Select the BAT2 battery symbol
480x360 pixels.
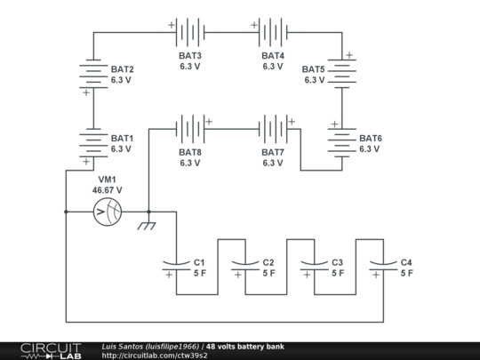tap(92, 75)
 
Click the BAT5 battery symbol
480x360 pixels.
tap(341, 75)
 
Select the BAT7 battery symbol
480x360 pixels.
tap(273, 130)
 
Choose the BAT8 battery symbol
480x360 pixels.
tap(190, 130)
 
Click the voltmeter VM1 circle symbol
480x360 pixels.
tap(107, 212)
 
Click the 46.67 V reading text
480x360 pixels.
tap(108, 190)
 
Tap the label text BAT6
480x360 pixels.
tap(371, 139)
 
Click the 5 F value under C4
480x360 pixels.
tap(406, 274)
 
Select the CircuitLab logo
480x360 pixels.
tap(50, 350)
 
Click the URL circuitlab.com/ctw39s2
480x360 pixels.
tap(155, 356)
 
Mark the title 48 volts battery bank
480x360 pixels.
tap(245, 346)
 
